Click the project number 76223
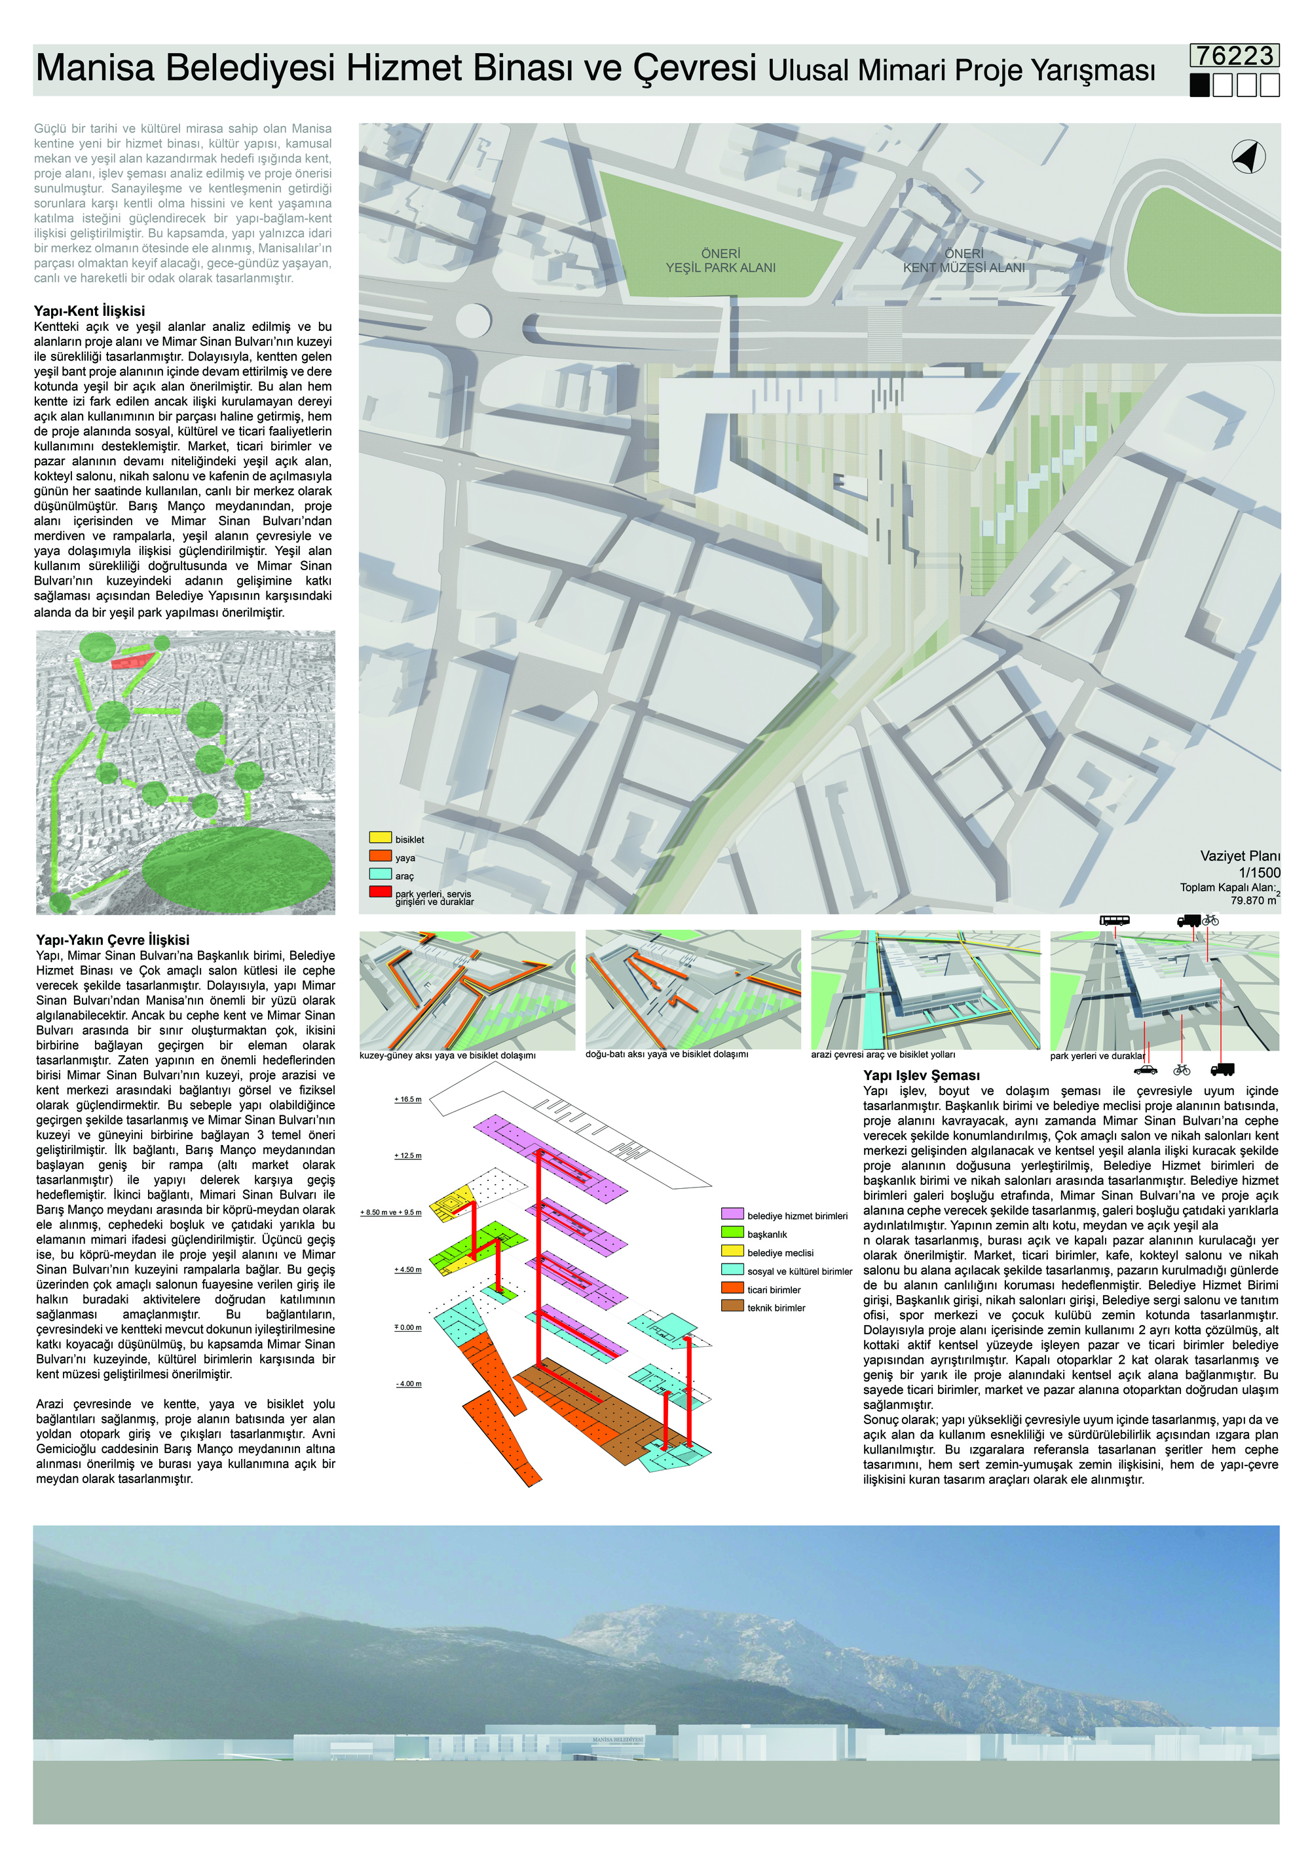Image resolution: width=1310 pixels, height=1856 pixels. [x=1234, y=56]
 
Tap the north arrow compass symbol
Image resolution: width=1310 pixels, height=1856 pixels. [x=1248, y=156]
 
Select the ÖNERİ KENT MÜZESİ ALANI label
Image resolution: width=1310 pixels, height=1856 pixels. [x=964, y=260]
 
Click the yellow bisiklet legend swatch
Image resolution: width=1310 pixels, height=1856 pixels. [x=380, y=838]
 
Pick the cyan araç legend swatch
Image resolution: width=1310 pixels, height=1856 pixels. [x=380, y=874]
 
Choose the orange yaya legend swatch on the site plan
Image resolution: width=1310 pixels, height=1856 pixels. [x=380, y=856]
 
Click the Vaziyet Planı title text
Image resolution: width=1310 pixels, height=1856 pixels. [x=1240, y=856]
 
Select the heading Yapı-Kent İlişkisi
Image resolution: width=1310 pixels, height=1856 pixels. [x=89, y=311]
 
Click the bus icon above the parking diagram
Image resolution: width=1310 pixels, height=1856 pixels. [x=1113, y=920]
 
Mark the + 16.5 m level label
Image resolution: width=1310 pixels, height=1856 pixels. [x=408, y=1099]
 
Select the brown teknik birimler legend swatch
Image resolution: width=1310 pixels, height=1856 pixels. [x=732, y=1307]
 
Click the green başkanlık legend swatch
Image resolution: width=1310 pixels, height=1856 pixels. [x=732, y=1233]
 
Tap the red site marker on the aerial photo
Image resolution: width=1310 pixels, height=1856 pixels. [x=131, y=663]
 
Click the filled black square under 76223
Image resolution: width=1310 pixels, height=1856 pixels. [x=1200, y=85]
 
